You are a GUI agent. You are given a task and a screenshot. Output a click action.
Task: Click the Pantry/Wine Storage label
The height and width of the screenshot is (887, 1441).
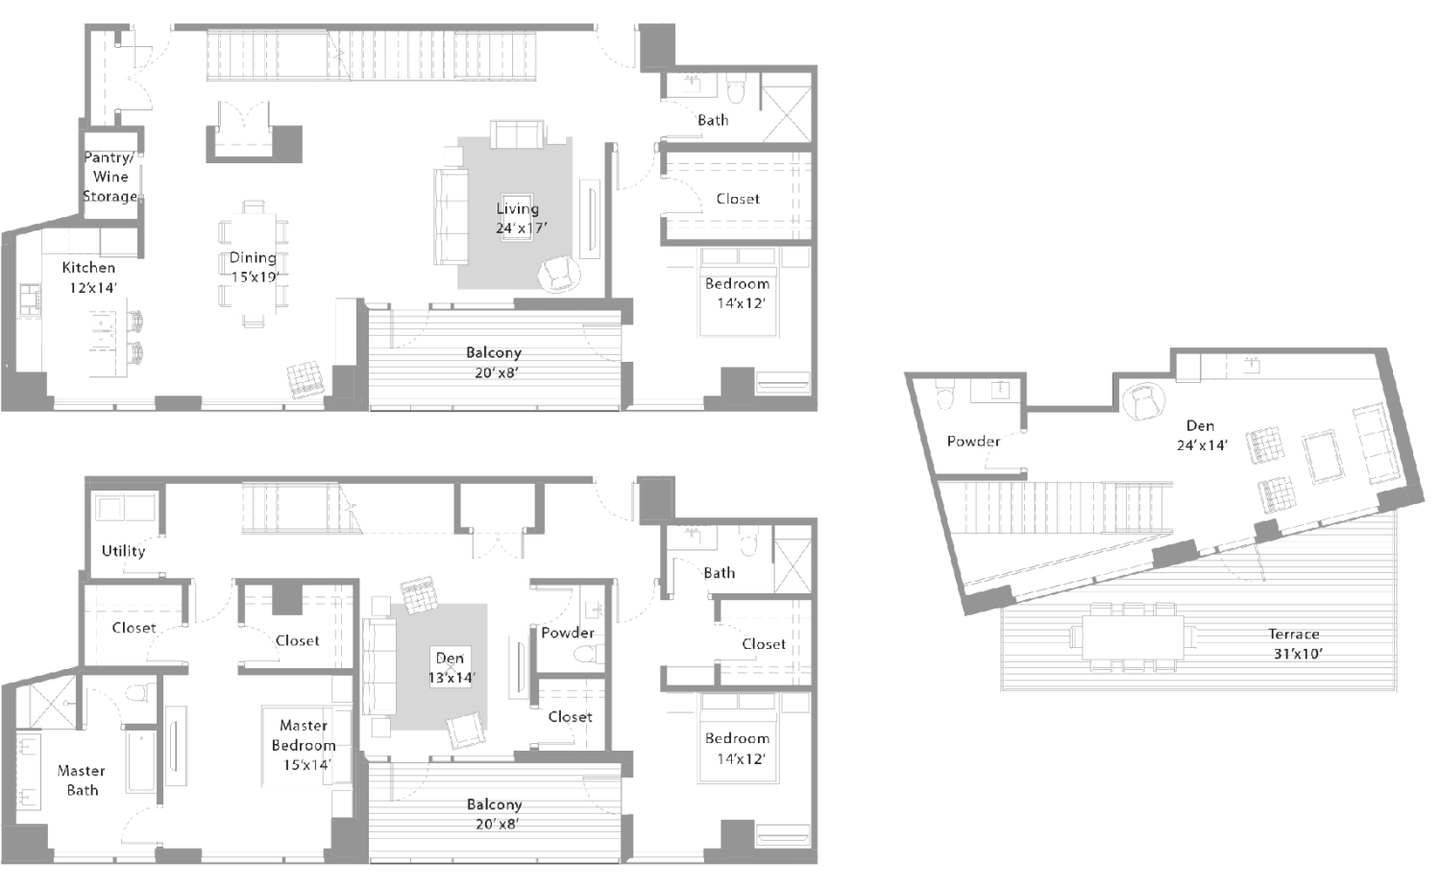(x=110, y=177)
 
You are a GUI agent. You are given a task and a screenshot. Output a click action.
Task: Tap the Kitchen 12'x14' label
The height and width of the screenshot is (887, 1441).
(x=89, y=277)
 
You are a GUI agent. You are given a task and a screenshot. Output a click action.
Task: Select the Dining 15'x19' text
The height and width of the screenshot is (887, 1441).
(x=254, y=268)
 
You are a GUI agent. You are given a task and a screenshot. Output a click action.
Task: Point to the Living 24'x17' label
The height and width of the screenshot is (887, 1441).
(x=520, y=219)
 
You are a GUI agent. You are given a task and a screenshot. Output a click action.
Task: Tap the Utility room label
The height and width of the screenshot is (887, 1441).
(x=124, y=551)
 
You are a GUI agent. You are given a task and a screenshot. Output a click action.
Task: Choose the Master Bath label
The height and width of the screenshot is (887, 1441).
(x=81, y=780)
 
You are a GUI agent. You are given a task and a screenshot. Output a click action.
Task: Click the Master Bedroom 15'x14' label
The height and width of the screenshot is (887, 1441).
(x=304, y=745)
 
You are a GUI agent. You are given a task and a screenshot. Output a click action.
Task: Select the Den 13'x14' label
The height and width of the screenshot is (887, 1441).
(x=451, y=668)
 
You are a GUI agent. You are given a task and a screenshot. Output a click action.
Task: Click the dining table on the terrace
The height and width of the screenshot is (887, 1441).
(x=1134, y=637)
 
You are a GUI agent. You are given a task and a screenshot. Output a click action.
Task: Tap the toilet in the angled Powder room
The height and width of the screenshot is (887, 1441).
(x=944, y=394)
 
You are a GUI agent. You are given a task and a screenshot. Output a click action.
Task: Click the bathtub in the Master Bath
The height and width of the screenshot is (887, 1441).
(x=141, y=760)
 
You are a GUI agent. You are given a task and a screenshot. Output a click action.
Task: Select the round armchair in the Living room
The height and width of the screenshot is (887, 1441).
(x=559, y=274)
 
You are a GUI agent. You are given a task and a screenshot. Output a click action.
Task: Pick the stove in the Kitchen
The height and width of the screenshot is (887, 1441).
(x=30, y=300)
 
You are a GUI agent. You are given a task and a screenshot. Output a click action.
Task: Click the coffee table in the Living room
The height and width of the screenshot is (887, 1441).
(x=517, y=217)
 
